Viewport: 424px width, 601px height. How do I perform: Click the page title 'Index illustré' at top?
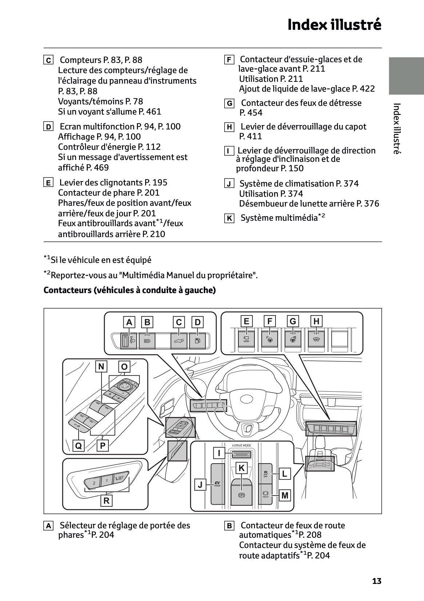click(334, 25)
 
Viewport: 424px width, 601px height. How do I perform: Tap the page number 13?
click(377, 581)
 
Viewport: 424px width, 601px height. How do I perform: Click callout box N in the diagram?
click(101, 366)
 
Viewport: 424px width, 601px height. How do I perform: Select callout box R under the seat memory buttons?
click(106, 501)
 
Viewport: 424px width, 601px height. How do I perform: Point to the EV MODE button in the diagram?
click(218, 484)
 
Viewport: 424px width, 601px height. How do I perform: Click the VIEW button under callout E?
click(246, 339)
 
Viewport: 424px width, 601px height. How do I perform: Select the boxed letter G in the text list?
click(229, 104)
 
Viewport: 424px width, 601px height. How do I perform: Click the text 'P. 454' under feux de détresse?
click(251, 113)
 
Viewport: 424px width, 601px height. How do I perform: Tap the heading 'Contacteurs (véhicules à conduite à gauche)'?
click(130, 290)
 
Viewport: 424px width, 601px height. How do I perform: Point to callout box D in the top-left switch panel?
click(198, 322)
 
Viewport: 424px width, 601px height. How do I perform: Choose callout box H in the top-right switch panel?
click(316, 321)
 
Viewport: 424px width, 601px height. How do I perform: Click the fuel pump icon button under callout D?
click(197, 341)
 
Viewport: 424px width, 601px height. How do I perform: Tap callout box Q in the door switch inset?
click(78, 445)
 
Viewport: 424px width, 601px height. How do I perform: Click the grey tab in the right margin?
click(406, 76)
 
